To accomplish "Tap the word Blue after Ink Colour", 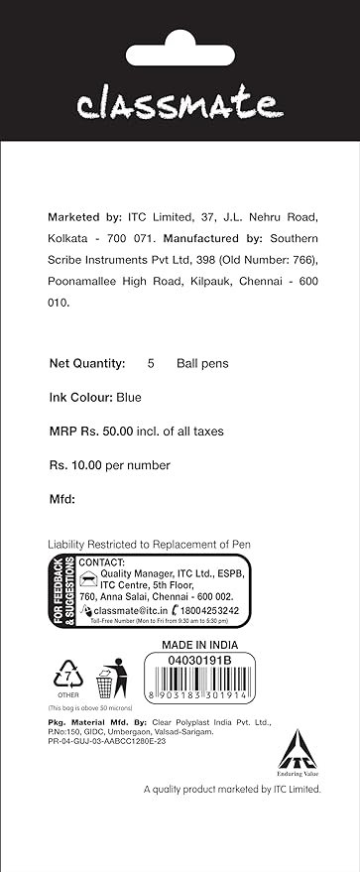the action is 129,398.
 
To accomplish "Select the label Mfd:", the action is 62,499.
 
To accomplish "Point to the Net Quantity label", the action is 87,363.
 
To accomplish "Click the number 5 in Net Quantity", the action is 151,363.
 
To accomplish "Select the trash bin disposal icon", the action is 107,682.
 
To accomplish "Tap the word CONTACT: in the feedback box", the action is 101,562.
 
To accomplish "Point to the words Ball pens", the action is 202,363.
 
